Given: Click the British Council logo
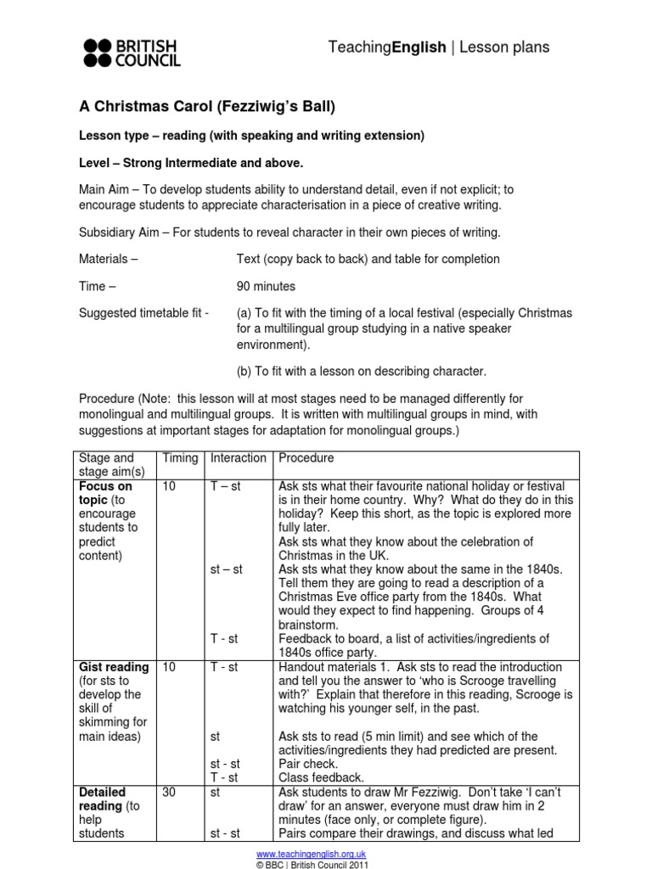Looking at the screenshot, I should pos(132,52).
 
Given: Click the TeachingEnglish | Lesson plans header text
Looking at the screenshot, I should pos(438,48).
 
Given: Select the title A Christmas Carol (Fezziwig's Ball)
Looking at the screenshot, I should pos(207,106).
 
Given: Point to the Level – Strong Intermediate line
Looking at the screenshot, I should pos(191,162).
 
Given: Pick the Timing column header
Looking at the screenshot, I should pos(180,458).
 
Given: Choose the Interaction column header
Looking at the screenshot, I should pos(239,458).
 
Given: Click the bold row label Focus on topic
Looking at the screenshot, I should pos(105,493).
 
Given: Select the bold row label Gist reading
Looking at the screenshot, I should pos(114,668).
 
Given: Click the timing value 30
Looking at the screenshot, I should pos(171,793).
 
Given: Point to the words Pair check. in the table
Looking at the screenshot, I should pos(309,765).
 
